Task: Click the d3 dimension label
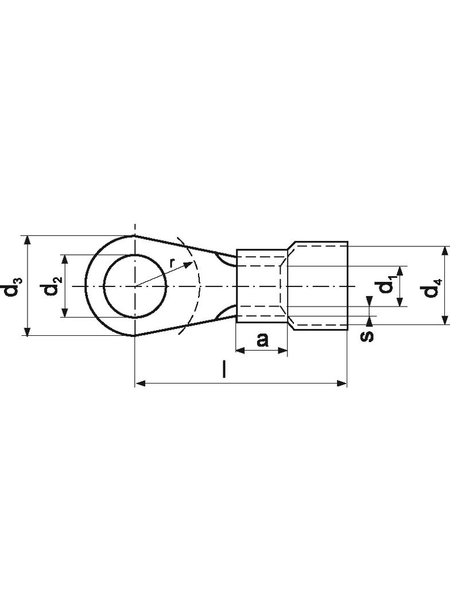coord(13,286)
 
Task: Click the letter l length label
coord(224,370)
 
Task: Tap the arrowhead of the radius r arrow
coord(188,265)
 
